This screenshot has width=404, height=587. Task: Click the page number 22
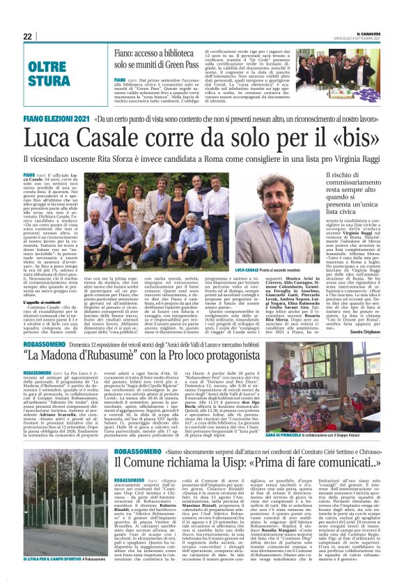[x=27, y=36]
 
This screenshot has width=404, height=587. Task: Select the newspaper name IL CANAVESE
[x=369, y=33]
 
